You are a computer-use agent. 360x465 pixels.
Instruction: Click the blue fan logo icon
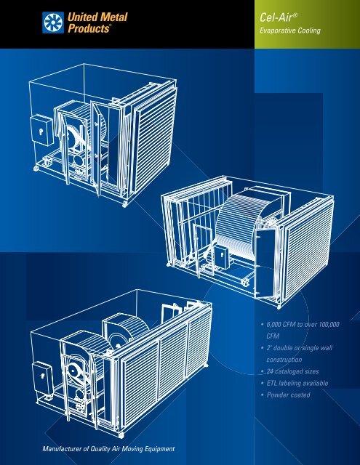coord(53,23)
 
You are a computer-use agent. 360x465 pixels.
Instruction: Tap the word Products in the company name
coord(89,28)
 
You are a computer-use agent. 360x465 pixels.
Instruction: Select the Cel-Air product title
coord(278,17)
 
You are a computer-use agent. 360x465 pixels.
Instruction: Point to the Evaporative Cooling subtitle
coord(290,31)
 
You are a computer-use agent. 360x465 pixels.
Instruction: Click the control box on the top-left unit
coord(42,130)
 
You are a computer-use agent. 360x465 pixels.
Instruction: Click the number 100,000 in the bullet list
coord(329,325)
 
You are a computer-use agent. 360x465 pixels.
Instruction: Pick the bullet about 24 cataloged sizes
coord(292,371)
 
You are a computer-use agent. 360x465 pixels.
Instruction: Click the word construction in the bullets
coord(284,360)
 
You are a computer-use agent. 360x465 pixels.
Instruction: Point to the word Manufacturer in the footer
coord(62,449)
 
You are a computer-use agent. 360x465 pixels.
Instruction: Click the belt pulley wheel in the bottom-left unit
coord(73,370)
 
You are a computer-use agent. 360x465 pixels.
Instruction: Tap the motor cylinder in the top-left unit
coord(79,161)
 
